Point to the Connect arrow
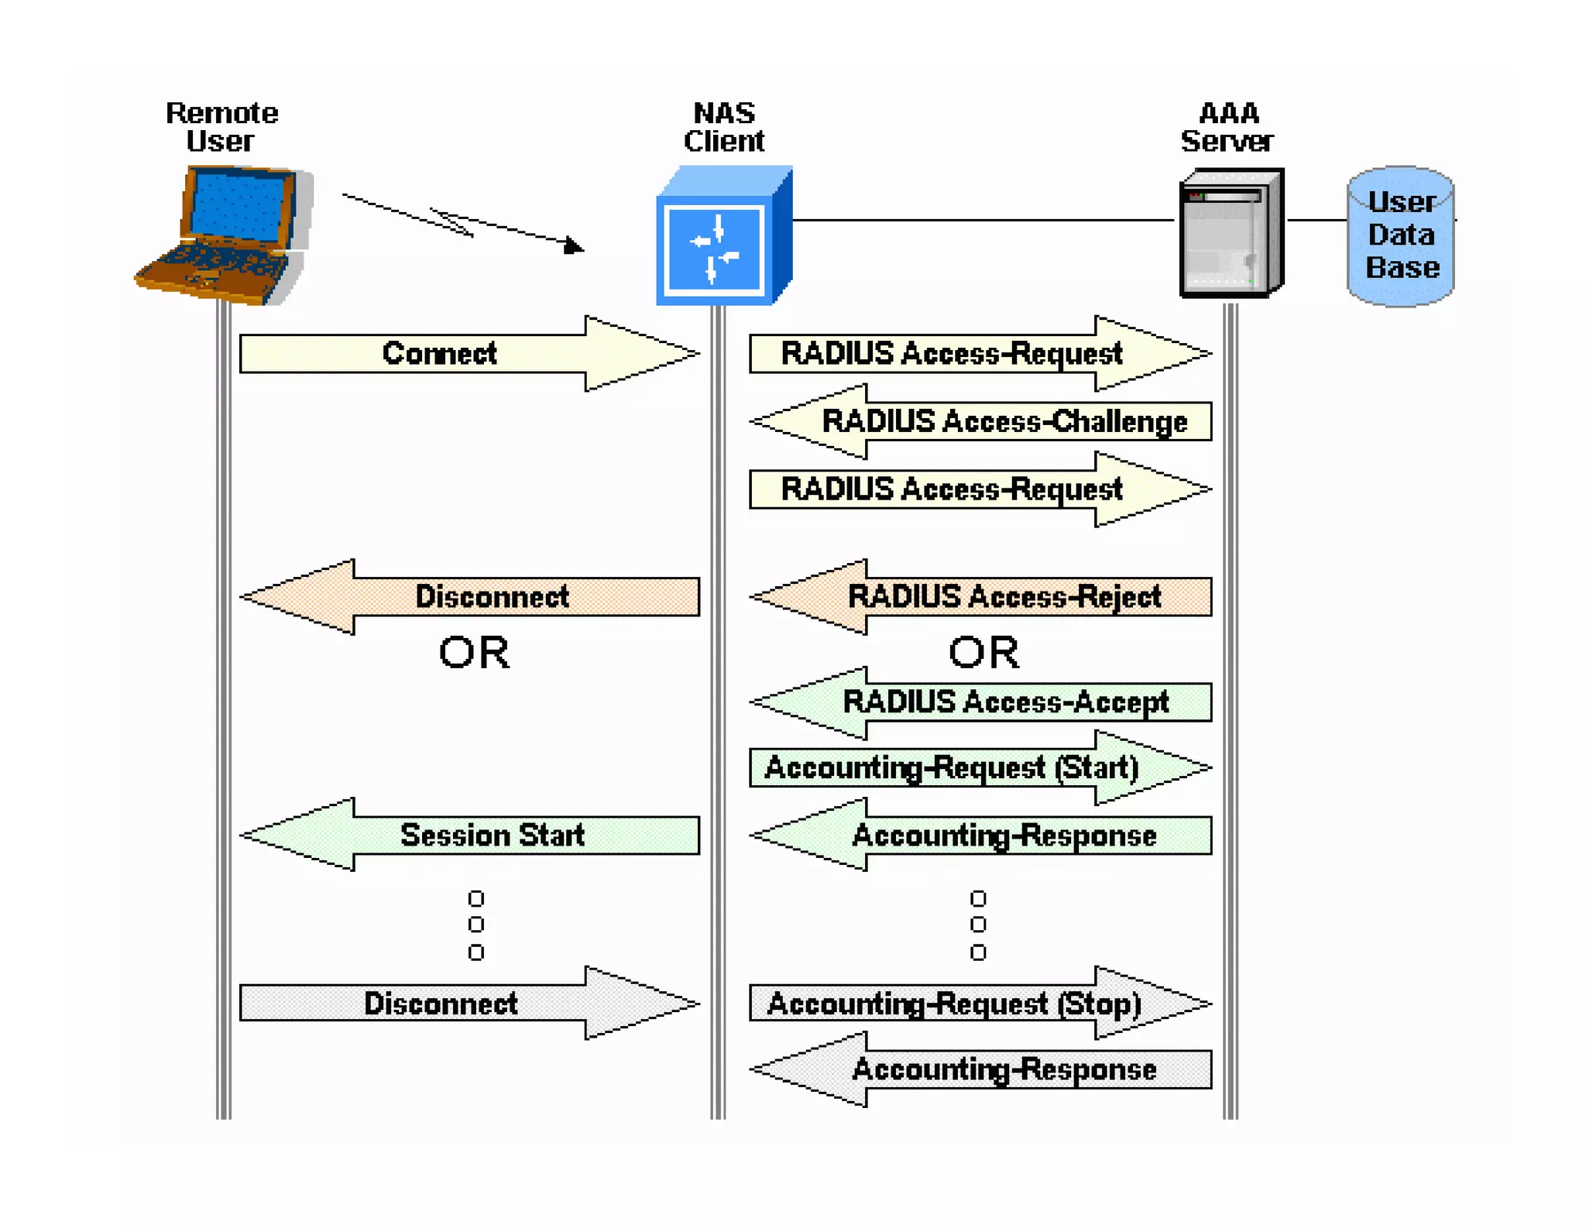468,354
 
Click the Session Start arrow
471,836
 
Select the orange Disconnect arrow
471,597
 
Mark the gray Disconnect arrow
468,1004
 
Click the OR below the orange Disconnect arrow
474,653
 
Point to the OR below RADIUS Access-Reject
984,653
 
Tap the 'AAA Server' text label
1227,128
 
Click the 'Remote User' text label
221,128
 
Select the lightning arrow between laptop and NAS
463,221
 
